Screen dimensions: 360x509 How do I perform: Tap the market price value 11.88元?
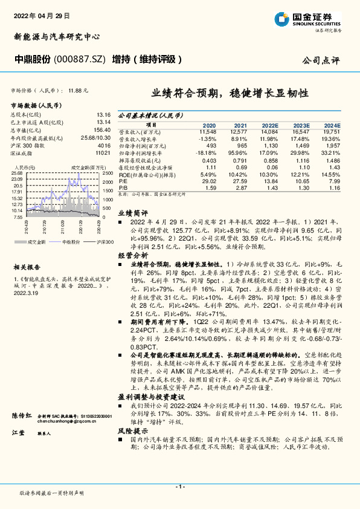(x=79, y=89)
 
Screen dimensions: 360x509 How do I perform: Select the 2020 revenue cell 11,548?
(x=208, y=131)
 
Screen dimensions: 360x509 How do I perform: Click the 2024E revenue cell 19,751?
(x=333, y=131)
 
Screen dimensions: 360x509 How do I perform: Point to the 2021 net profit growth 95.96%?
(x=239, y=154)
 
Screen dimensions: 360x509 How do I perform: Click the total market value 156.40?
(x=103, y=130)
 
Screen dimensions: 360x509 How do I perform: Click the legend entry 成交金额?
(x=37, y=241)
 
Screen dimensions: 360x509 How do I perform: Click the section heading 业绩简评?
(x=132, y=213)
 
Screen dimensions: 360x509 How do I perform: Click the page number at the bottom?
(x=179, y=487)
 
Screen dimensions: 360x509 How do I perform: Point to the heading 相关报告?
(x=27, y=266)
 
